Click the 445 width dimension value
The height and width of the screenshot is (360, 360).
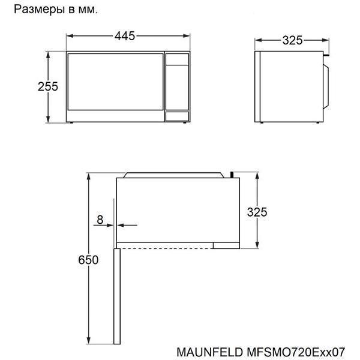point(125,36)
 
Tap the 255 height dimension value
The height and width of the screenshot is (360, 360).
point(48,86)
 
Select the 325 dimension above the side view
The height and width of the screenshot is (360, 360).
point(293,40)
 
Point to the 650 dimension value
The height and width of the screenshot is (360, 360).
point(88,260)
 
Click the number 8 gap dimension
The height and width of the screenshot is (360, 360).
point(100,220)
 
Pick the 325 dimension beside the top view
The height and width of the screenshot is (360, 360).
point(257,212)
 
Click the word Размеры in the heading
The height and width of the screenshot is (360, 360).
point(39,10)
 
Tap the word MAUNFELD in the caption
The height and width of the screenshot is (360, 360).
point(209,352)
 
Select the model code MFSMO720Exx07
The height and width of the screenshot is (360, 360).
point(296,352)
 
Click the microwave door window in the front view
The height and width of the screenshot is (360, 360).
point(115,82)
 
